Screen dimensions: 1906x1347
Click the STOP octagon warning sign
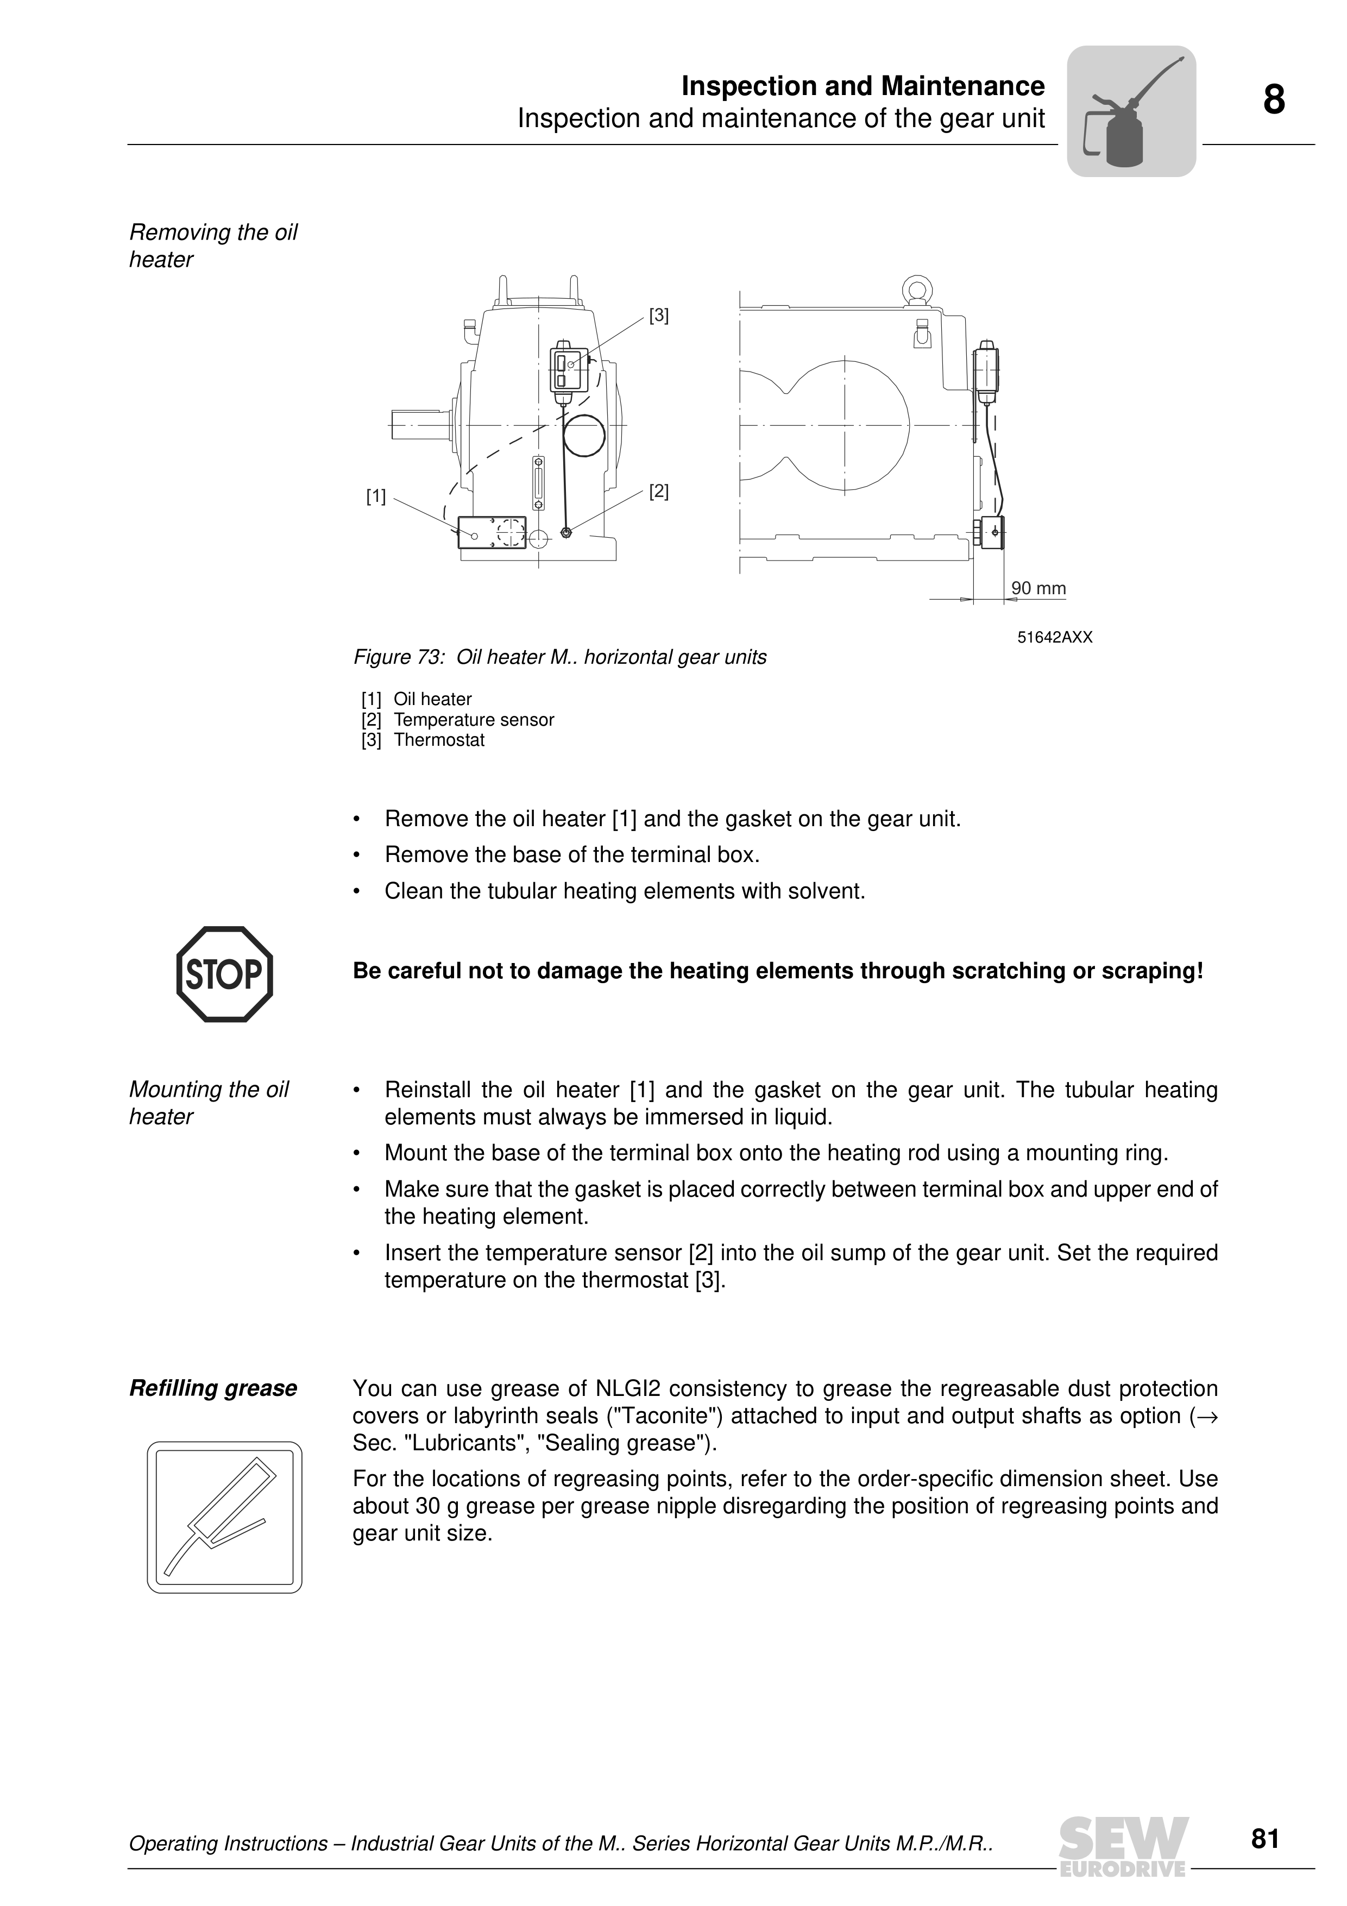(224, 974)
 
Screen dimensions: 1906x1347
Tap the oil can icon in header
(1130, 111)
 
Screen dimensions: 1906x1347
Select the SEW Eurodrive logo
(1124, 1846)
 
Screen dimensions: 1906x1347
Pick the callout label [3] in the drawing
(658, 316)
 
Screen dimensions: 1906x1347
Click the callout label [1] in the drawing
(376, 496)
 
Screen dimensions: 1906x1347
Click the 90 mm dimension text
(1038, 589)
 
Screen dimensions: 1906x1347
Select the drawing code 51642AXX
(1055, 638)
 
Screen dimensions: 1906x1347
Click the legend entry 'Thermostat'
(439, 740)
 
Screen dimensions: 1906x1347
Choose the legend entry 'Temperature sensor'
(474, 720)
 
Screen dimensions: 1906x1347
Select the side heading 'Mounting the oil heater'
(209, 1103)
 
